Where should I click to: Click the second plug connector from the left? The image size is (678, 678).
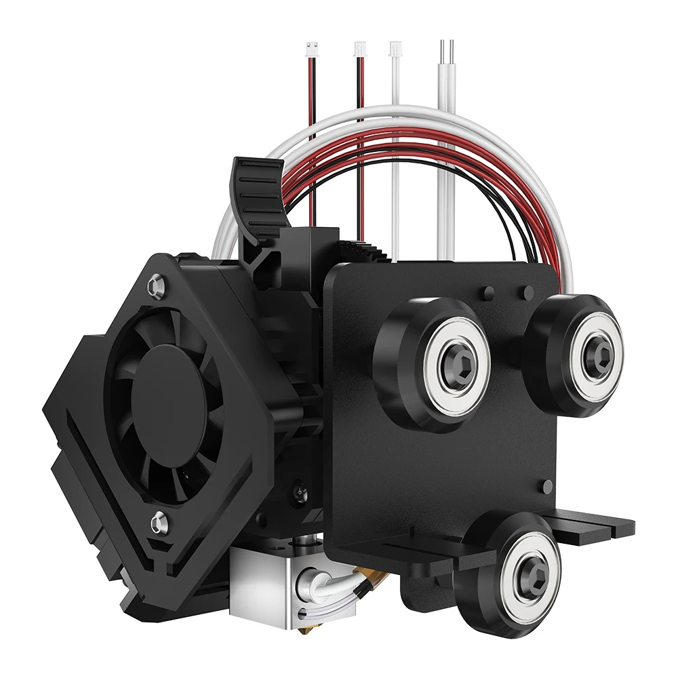click(x=359, y=49)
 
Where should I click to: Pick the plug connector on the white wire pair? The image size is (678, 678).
click(x=395, y=49)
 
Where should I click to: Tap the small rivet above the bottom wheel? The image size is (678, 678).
click(x=549, y=487)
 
